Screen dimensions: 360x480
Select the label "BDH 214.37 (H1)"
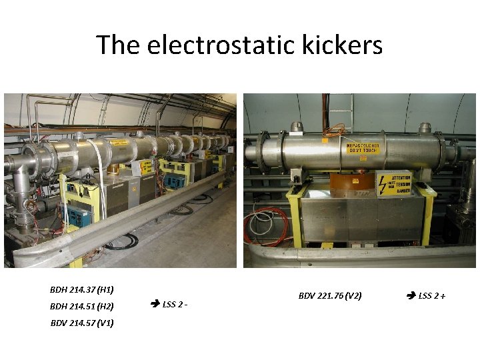[81, 290]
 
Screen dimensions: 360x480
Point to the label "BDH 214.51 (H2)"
[81, 307]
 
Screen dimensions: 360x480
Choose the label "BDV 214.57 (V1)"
[82, 323]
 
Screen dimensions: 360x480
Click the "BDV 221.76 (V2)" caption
[330, 295]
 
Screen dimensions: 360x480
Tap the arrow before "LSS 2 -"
[155, 305]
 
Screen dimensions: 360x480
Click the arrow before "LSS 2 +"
[411, 295]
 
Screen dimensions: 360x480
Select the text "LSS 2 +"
[432, 295]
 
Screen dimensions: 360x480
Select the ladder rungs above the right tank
[341, 107]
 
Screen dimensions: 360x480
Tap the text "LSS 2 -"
[175, 305]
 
